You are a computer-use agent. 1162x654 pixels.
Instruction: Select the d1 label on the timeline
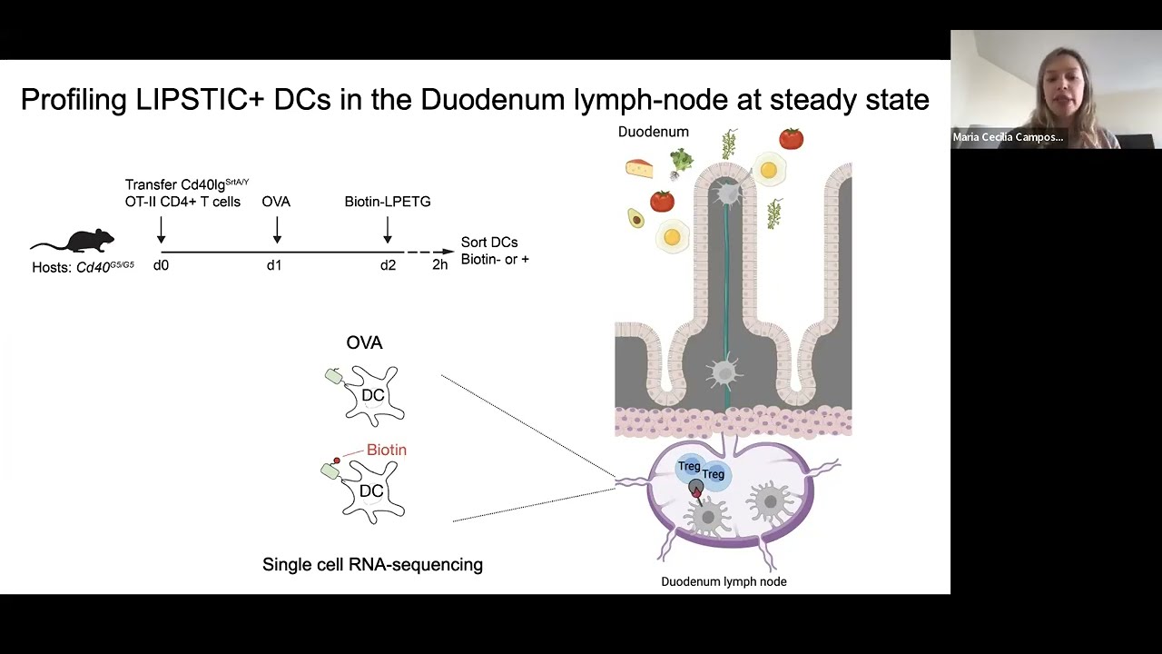click(x=274, y=265)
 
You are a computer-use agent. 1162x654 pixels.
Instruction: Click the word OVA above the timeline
click(x=276, y=202)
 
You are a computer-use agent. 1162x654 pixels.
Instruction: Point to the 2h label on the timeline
click(x=439, y=265)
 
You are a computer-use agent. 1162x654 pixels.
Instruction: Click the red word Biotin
click(x=386, y=450)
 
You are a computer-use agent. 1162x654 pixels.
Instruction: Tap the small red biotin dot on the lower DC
click(x=337, y=461)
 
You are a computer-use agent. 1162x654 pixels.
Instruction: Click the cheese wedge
click(x=639, y=168)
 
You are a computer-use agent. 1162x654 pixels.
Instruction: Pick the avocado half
click(x=635, y=218)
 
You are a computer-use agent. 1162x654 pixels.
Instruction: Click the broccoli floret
click(x=681, y=161)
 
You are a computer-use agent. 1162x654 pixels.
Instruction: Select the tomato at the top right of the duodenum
click(x=791, y=139)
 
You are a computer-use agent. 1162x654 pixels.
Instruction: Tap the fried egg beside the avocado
click(x=672, y=238)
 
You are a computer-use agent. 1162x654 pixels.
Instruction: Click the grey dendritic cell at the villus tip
click(x=726, y=193)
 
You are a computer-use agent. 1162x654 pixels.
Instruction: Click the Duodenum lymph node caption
click(x=724, y=581)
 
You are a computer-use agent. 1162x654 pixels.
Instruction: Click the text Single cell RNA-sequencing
click(x=372, y=565)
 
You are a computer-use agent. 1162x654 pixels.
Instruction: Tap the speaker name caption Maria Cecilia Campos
click(x=1008, y=137)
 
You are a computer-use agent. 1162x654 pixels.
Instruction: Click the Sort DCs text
click(x=489, y=243)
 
